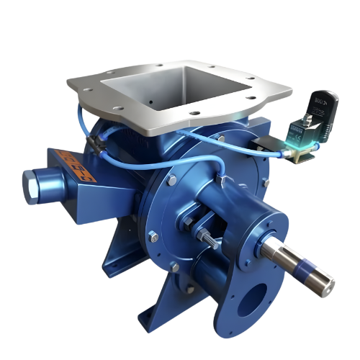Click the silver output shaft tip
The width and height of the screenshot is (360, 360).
(324, 282)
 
